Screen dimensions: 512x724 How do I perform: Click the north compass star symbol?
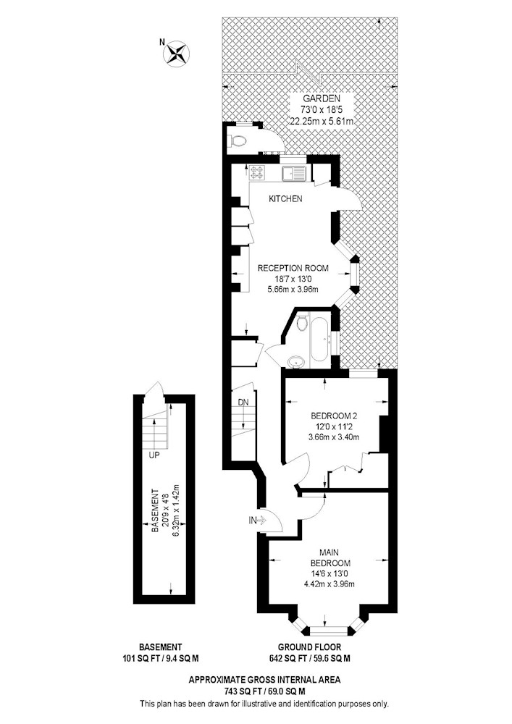click(177, 53)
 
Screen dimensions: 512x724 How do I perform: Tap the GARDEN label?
click(322, 98)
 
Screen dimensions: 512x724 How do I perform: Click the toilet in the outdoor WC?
click(237, 141)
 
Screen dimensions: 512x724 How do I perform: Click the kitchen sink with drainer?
click(293, 174)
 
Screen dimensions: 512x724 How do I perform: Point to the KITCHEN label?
click(286, 198)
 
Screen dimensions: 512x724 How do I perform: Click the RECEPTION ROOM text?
click(293, 268)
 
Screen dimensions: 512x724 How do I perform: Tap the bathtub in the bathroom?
click(319, 342)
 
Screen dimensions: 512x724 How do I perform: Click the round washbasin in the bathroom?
click(294, 361)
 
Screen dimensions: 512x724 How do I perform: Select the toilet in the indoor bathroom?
click(303, 322)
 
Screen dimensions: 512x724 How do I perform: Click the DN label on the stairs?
click(243, 402)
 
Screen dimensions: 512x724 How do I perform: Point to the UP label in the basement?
click(154, 455)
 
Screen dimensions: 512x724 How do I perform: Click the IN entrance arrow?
click(258, 521)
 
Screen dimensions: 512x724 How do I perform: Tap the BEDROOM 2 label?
click(334, 415)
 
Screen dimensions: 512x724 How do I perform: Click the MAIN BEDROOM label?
click(330, 557)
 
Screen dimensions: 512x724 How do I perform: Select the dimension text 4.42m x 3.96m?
click(330, 584)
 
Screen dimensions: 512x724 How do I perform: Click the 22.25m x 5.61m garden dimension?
click(322, 122)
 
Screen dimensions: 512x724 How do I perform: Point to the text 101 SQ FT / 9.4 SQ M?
click(160, 658)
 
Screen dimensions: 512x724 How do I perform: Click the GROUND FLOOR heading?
click(309, 647)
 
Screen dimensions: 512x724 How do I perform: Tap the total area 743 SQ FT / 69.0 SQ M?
click(265, 691)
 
